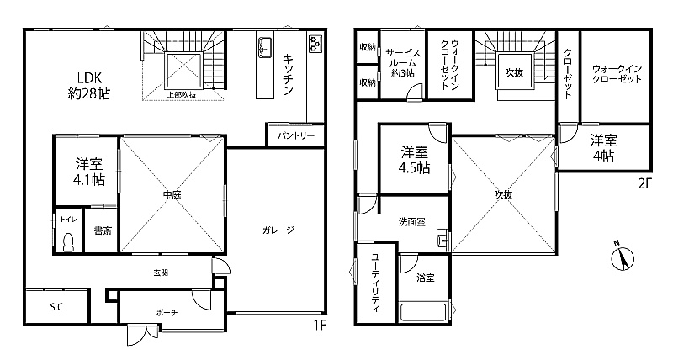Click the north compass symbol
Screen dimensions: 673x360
[623, 257]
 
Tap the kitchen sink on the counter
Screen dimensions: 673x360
[264, 47]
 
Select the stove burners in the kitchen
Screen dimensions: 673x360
[315, 43]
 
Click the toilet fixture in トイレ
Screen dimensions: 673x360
[68, 243]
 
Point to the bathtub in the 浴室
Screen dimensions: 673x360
[424, 312]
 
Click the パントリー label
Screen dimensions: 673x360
[296, 136]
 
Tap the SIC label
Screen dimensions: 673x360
[56, 307]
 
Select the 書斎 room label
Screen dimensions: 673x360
[103, 230]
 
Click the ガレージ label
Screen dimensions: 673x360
[278, 230]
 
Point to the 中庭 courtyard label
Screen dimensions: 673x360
[172, 195]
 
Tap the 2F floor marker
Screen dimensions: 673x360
[644, 184]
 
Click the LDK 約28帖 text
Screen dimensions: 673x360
[89, 86]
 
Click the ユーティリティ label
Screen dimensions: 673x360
[376, 283]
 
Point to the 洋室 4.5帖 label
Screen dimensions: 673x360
[415, 160]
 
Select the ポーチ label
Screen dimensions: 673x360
[167, 313]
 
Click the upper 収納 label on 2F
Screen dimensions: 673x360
[368, 47]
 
